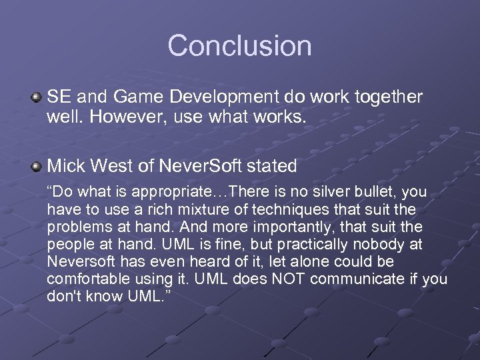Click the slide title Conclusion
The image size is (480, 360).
[x=239, y=46]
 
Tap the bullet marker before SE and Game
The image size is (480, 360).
[x=36, y=98]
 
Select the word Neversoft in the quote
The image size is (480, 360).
[x=79, y=262]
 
